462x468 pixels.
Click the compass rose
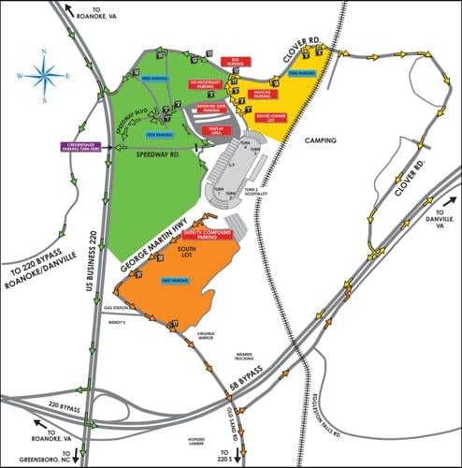(44, 73)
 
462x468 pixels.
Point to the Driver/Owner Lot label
(271, 117)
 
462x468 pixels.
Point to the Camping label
(320, 139)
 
